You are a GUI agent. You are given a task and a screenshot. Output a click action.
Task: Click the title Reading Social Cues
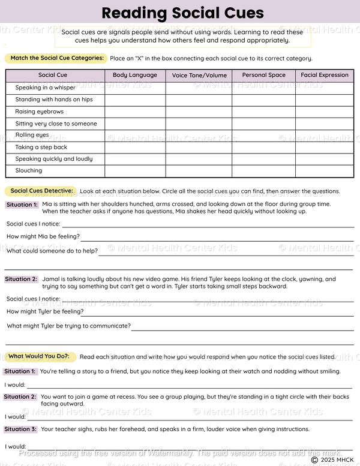point(182,13)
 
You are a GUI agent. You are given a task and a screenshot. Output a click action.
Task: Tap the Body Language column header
point(135,75)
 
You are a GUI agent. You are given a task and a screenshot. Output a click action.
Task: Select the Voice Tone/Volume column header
point(199,76)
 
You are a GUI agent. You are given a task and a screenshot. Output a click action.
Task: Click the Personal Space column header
point(263,75)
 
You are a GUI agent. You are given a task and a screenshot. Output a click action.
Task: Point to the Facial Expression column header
point(325,75)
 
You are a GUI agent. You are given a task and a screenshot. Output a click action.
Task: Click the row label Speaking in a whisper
point(45,88)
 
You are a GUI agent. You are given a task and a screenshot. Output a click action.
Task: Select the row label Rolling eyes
point(32,135)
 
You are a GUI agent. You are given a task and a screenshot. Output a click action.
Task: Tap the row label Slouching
point(29,171)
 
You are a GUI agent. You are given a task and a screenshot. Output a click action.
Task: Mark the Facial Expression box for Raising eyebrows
point(325,112)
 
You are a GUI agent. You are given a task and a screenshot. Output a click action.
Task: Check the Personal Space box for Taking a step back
point(263,147)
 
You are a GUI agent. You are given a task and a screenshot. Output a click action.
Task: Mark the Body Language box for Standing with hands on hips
point(135,100)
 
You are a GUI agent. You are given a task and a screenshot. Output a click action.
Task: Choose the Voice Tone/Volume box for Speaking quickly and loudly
point(199,159)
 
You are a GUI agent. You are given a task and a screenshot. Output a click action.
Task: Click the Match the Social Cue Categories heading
point(56,58)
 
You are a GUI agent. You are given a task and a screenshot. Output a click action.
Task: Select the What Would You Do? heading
point(38,356)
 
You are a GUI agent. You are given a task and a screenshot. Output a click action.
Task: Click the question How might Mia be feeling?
point(43,236)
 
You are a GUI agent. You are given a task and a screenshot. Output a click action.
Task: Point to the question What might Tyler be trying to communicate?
point(68,326)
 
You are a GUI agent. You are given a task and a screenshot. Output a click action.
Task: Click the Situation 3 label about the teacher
point(20,429)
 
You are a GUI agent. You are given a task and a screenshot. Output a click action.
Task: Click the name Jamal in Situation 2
point(51,279)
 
